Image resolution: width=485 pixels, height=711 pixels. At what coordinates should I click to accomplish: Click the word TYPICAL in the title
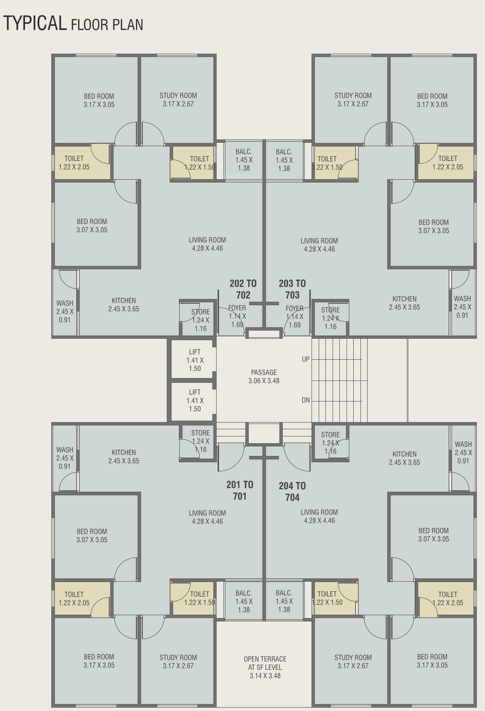(35, 23)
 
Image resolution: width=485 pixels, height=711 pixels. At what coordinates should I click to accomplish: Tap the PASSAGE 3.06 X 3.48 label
(264, 377)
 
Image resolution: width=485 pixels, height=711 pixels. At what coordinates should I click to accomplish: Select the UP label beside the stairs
(306, 359)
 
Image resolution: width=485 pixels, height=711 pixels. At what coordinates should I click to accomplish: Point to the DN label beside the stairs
(306, 400)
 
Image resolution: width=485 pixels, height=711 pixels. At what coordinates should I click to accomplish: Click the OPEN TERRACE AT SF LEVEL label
(265, 667)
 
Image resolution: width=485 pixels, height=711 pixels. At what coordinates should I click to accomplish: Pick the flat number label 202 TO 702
(243, 289)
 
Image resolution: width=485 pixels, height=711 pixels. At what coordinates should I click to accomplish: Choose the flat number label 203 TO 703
(292, 289)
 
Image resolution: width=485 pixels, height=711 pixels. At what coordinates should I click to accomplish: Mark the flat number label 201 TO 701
(240, 491)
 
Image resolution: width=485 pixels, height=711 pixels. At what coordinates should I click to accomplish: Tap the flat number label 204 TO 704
(292, 492)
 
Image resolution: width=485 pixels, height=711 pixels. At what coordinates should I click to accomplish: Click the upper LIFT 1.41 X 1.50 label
(195, 360)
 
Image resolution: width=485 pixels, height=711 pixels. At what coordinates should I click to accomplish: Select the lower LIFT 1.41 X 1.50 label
(195, 401)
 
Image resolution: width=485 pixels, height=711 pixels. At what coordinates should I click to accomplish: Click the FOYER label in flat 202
(237, 308)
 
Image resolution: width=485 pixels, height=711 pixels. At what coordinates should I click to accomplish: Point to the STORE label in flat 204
(330, 435)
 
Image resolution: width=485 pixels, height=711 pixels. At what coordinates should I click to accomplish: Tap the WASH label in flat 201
(65, 450)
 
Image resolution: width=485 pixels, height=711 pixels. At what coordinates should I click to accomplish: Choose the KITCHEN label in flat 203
(404, 298)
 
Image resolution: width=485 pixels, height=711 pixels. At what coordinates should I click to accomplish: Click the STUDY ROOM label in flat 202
(178, 95)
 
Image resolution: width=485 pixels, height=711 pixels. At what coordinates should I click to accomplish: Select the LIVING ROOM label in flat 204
(319, 512)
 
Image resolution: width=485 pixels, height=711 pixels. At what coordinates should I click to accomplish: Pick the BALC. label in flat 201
(244, 593)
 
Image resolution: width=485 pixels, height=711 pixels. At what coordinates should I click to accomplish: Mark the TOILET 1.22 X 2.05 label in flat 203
(448, 162)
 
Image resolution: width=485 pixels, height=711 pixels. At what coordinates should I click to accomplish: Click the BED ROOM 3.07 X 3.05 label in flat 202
(92, 226)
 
